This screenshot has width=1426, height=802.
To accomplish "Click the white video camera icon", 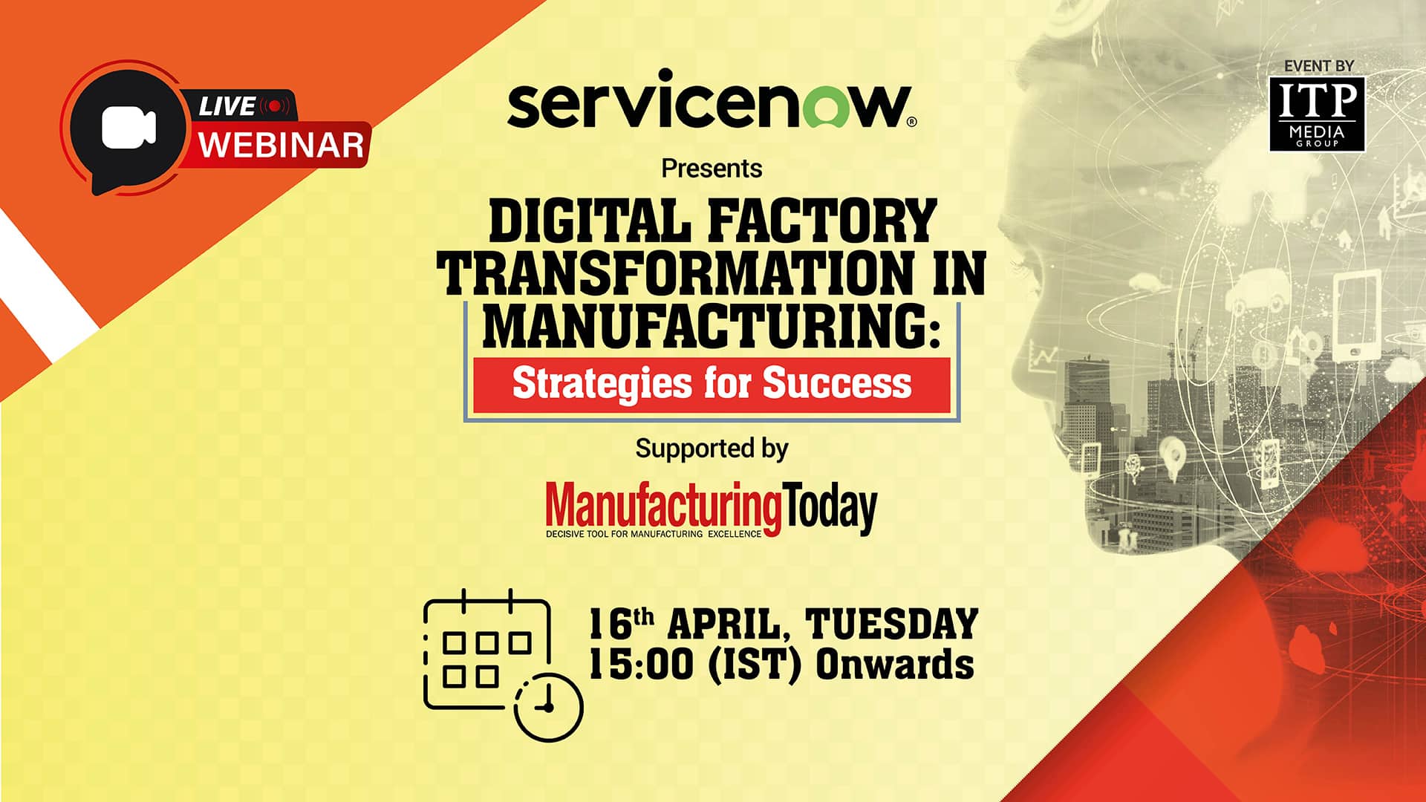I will coord(128,127).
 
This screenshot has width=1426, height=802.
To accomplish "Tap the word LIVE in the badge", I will coord(227,106).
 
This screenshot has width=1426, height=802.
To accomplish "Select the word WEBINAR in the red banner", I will coord(281,144).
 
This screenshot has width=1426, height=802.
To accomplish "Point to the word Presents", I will coord(712,169).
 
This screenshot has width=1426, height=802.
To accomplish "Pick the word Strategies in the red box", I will coord(602,384).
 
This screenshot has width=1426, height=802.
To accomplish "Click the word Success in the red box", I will coord(837,384).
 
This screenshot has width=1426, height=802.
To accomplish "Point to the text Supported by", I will coord(712,449).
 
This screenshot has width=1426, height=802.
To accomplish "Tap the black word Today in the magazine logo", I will coord(830,506).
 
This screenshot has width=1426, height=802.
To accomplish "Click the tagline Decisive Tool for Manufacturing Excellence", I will coord(654,534).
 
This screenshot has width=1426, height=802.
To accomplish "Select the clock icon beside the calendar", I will coord(549,706).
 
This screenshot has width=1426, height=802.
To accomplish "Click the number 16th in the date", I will coord(620,624).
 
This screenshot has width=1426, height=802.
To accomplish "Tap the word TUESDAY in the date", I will coord(891,624).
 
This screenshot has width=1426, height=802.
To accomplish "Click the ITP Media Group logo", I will coord(1317,114).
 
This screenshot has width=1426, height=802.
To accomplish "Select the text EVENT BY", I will coord(1318,66).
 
